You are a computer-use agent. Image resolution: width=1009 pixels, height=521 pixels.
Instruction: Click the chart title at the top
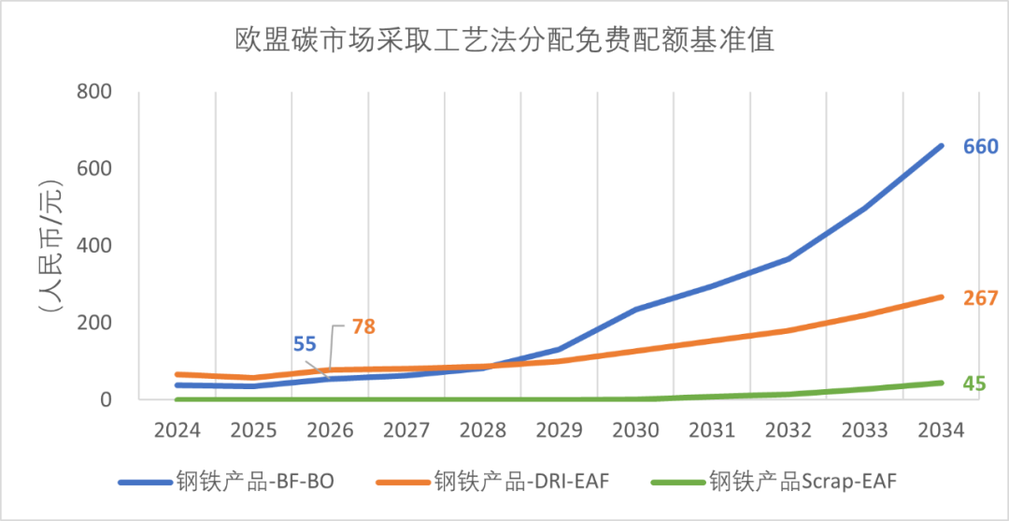coord(504,40)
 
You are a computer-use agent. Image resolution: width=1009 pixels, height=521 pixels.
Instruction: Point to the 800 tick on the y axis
coord(93,93)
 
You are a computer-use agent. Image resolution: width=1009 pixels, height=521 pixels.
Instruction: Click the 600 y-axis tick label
coord(93,169)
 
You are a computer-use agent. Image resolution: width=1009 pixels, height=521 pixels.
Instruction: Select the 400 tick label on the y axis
coord(93,246)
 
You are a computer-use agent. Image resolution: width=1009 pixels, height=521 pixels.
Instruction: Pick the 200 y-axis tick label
coord(93,323)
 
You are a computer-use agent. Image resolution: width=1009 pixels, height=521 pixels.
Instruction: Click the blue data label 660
coord(981,147)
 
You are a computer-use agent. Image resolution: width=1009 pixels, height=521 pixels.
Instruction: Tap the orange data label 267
coord(981,298)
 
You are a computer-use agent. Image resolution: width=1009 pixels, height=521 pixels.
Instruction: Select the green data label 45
coord(975,384)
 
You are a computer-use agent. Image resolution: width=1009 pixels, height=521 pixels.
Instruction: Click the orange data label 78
coord(364,327)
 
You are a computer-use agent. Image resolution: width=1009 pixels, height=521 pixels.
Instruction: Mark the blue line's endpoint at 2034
coord(941,146)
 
